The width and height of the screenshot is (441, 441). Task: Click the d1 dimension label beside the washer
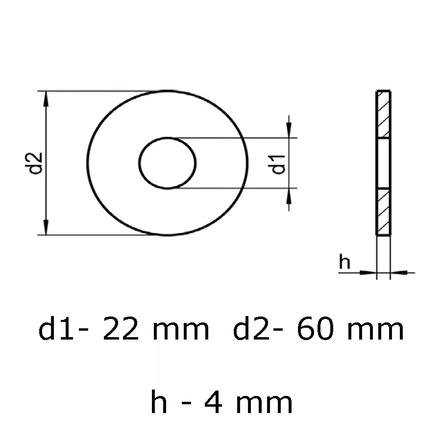[278, 163]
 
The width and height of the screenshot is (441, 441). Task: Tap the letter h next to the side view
[345, 263]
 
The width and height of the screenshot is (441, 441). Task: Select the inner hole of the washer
[168, 163]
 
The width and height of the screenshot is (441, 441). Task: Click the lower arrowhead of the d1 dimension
[289, 196]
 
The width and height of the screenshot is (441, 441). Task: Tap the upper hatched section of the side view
[383, 114]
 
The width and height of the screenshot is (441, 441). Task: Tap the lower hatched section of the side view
[383, 212]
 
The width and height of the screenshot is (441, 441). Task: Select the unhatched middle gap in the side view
[383, 163]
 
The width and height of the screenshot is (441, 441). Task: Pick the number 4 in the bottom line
[212, 403]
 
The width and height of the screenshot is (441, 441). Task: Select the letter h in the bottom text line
[159, 403]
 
